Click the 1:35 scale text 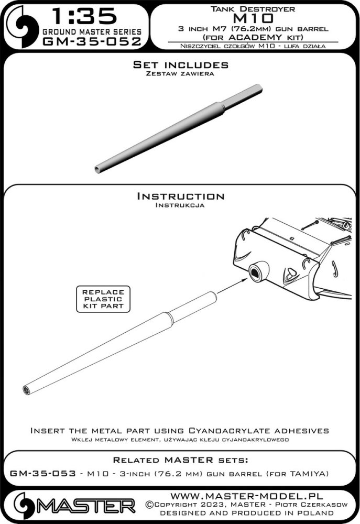[84, 16]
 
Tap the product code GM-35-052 [92, 42]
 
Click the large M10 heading [253, 18]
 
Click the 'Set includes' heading [180, 64]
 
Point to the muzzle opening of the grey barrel [98, 169]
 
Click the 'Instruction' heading [180, 196]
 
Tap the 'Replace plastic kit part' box [103, 299]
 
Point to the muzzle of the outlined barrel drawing [26, 390]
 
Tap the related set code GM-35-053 [43, 474]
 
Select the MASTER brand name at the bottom [85, 507]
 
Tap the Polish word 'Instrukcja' [180, 205]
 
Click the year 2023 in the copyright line [210, 504]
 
